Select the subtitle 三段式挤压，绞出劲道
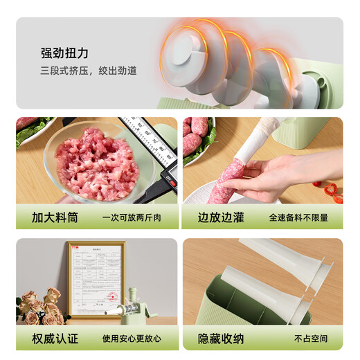89,71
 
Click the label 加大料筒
55,217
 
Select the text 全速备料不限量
298,217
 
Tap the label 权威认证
55,339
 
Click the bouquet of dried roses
40,308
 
